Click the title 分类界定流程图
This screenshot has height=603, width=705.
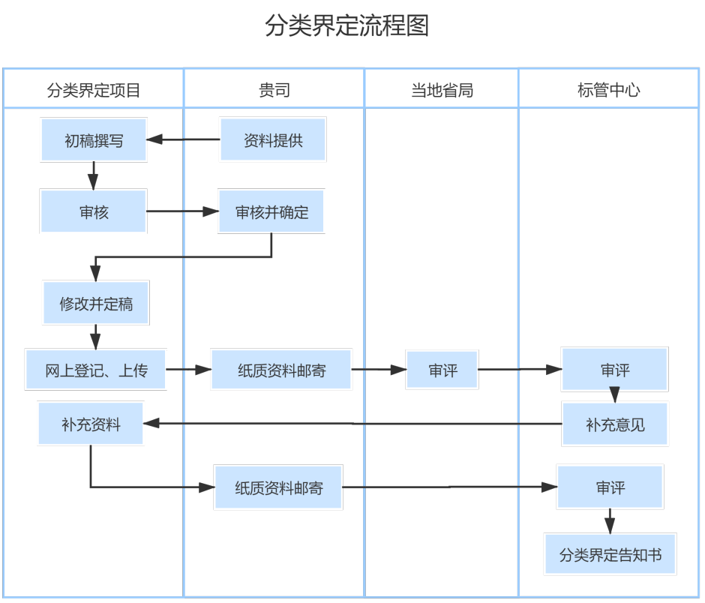346,25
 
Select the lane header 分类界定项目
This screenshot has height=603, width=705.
94,91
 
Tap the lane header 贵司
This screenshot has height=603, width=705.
274,91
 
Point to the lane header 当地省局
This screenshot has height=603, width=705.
442,91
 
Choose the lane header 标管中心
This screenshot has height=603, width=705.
608,91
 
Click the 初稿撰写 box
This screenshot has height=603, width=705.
94,139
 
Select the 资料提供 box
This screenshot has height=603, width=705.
273,139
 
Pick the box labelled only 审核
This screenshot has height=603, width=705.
94,211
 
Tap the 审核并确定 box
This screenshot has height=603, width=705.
271,211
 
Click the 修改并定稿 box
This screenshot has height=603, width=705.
96,303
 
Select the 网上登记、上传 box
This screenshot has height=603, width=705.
95,369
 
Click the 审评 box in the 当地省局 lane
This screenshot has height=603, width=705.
442,369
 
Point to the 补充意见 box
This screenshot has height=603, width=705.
615,424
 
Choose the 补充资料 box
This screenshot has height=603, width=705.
91,424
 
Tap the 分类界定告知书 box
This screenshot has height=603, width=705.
610,555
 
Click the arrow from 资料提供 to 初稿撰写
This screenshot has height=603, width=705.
183,139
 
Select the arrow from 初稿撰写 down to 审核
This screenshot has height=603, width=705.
93,175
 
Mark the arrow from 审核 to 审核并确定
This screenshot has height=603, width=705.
181,211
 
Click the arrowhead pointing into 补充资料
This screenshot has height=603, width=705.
151,424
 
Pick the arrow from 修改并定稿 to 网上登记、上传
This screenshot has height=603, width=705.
95,335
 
